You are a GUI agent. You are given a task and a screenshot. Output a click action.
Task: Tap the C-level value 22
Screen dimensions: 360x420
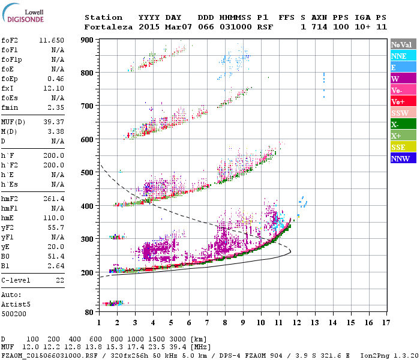[60, 280]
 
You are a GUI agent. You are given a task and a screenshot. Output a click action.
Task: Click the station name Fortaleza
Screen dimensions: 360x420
[108, 27]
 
